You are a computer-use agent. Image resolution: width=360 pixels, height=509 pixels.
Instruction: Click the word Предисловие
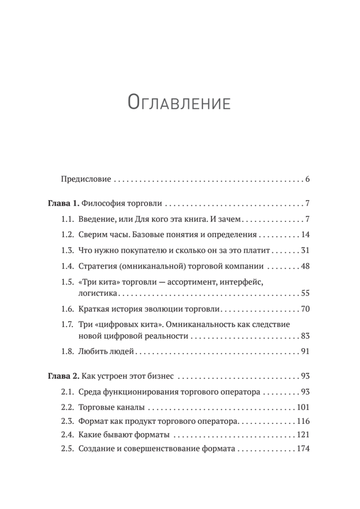(x=86, y=179)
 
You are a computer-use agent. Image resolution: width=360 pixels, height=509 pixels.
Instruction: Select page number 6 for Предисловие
(x=307, y=179)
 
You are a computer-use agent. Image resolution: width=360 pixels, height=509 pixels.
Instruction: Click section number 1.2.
(x=68, y=235)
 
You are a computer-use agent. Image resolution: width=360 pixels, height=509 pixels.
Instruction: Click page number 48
(x=305, y=266)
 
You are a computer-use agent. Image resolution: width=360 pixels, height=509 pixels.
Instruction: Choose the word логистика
(x=98, y=293)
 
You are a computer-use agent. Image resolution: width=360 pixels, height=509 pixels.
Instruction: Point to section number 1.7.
(x=68, y=325)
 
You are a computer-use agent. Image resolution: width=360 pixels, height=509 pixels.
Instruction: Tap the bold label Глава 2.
(x=63, y=376)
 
